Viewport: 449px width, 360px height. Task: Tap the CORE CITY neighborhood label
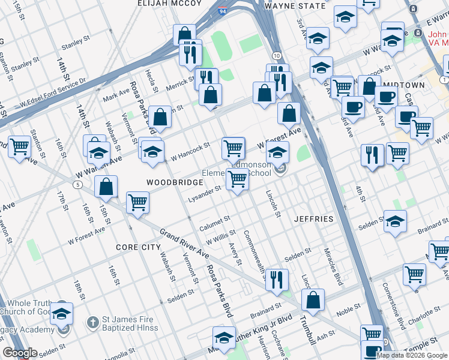[139, 247]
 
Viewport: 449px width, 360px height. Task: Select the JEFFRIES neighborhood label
[313, 219]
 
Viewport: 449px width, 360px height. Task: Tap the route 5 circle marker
[78, 184]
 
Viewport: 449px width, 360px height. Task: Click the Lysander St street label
[205, 193]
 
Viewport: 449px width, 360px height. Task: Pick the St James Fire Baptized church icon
[92, 322]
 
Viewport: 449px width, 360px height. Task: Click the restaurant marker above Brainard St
[277, 279]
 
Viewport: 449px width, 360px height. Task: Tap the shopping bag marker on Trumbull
[313, 300]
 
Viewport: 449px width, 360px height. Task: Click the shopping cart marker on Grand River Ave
[138, 202]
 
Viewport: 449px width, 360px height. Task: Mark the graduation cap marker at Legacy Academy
[61, 313]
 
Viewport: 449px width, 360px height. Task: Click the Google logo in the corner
[20, 353]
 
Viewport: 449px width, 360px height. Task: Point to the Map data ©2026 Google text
[411, 355]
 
